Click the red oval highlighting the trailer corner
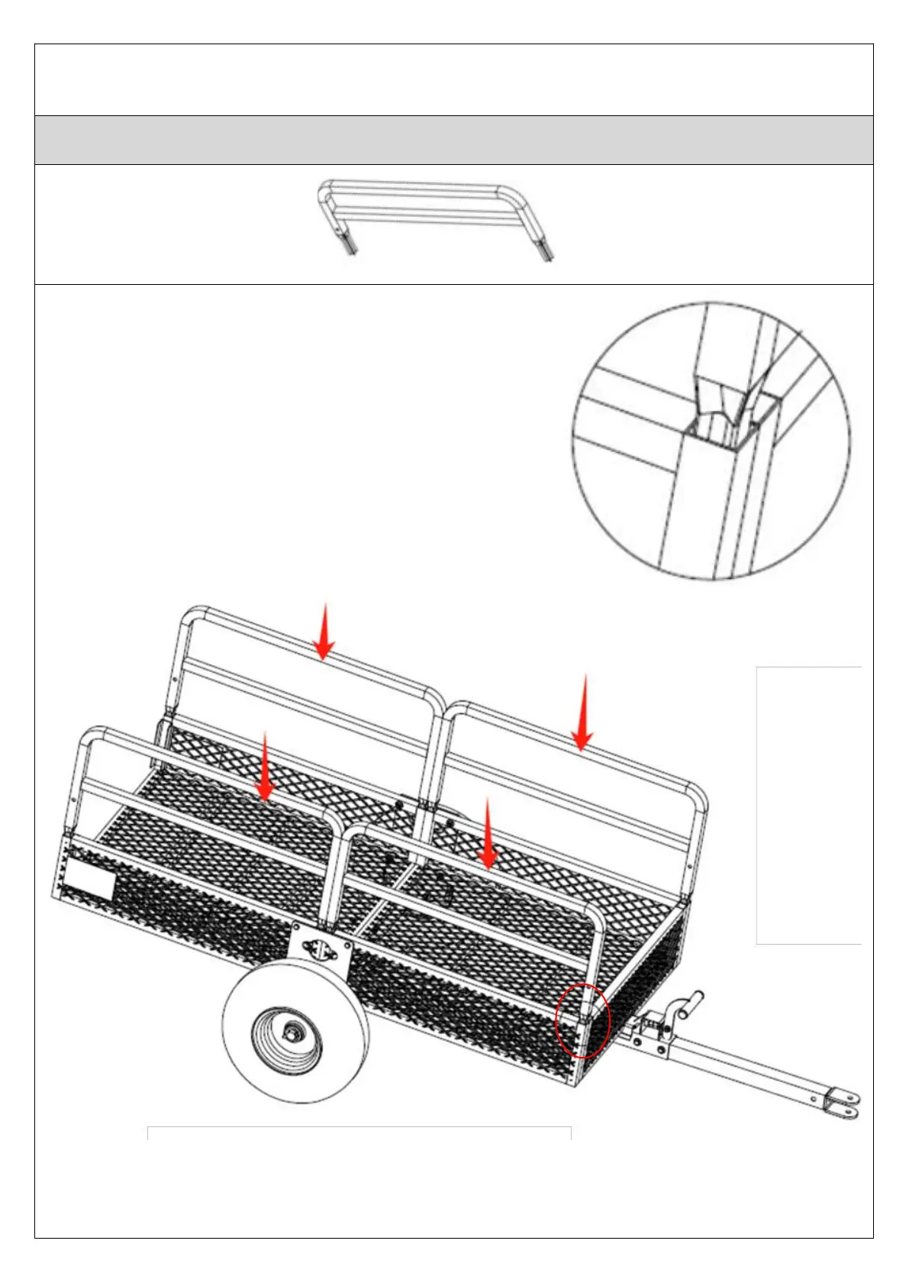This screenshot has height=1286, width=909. (x=582, y=1019)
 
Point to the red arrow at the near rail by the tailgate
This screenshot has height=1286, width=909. (x=264, y=767)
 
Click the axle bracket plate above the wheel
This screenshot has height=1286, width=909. (x=321, y=947)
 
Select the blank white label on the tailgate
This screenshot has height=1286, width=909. (x=89, y=880)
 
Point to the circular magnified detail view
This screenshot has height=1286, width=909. (x=711, y=441)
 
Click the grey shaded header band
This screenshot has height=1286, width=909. (x=453, y=140)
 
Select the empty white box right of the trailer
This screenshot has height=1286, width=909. (x=809, y=805)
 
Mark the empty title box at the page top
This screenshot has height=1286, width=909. (x=453, y=79)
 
